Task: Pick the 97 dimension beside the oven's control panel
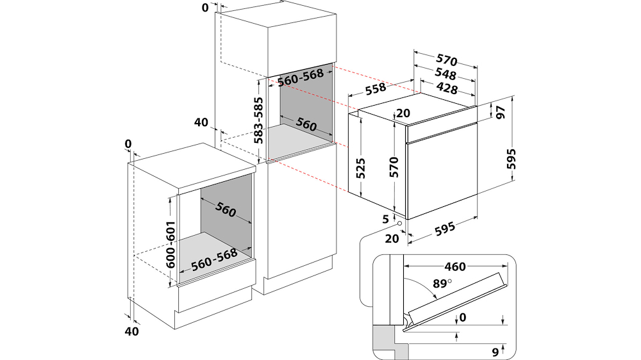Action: pyautogui.click(x=501, y=112)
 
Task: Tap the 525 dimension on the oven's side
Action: pyautogui.click(x=360, y=168)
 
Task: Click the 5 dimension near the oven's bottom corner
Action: pyautogui.click(x=386, y=219)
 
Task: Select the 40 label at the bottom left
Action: pyautogui.click(x=131, y=331)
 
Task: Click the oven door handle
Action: pyautogui.click(x=442, y=133)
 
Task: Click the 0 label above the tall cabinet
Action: pyautogui.click(x=205, y=8)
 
